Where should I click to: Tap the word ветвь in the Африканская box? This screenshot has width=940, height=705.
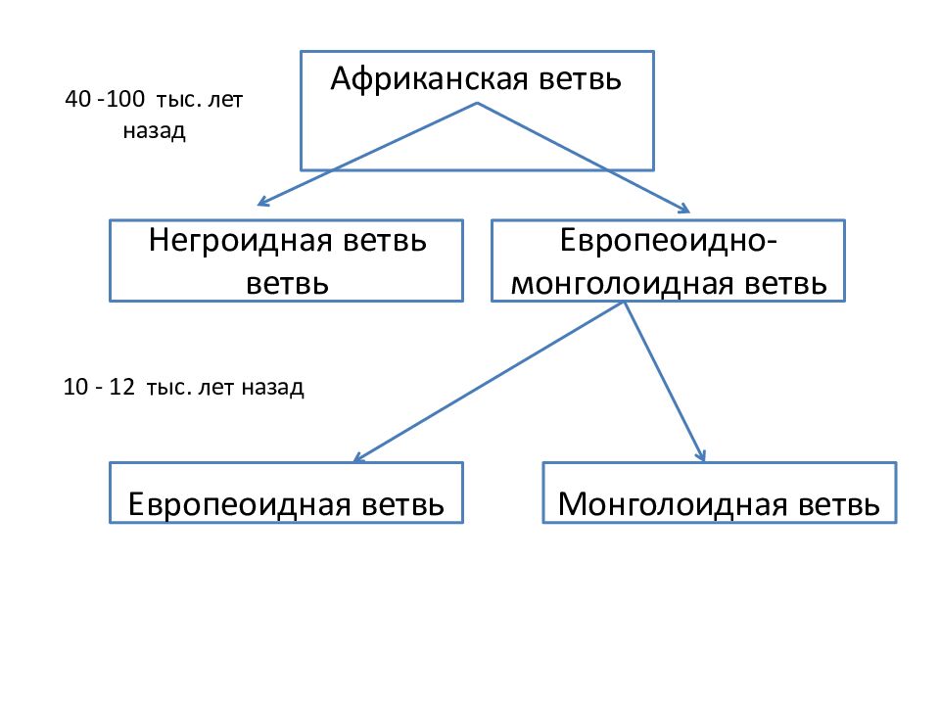[580, 79]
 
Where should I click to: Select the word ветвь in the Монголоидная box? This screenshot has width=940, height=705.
[838, 505]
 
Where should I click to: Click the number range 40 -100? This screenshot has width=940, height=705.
[105, 101]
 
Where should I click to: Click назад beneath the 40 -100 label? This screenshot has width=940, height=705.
[154, 131]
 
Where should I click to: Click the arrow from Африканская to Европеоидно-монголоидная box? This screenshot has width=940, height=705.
[583, 157]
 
